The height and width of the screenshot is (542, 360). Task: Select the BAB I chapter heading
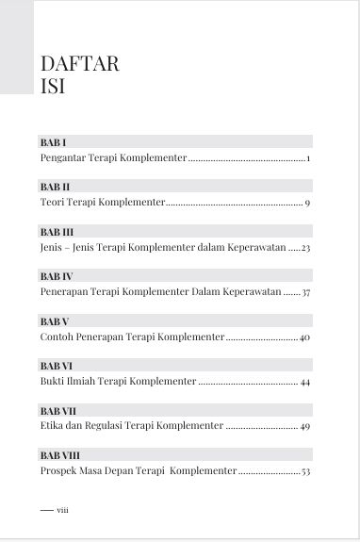coord(53,141)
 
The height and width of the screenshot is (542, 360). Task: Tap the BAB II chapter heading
coord(55,186)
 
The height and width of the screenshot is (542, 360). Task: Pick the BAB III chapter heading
coord(57,231)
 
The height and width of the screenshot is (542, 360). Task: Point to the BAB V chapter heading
coord(54,320)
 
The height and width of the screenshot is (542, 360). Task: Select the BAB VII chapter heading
coord(57,410)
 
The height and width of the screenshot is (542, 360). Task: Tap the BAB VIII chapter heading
coord(59,454)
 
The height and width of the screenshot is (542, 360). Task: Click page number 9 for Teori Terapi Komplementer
coord(307,203)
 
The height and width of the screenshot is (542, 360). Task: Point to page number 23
coord(305,248)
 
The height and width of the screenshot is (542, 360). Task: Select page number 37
coord(305,293)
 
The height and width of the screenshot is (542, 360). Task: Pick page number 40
coord(304,337)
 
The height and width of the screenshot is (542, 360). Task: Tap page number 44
coord(305,382)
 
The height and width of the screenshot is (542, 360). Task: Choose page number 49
coord(305,427)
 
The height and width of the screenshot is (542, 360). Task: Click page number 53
coord(305,471)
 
